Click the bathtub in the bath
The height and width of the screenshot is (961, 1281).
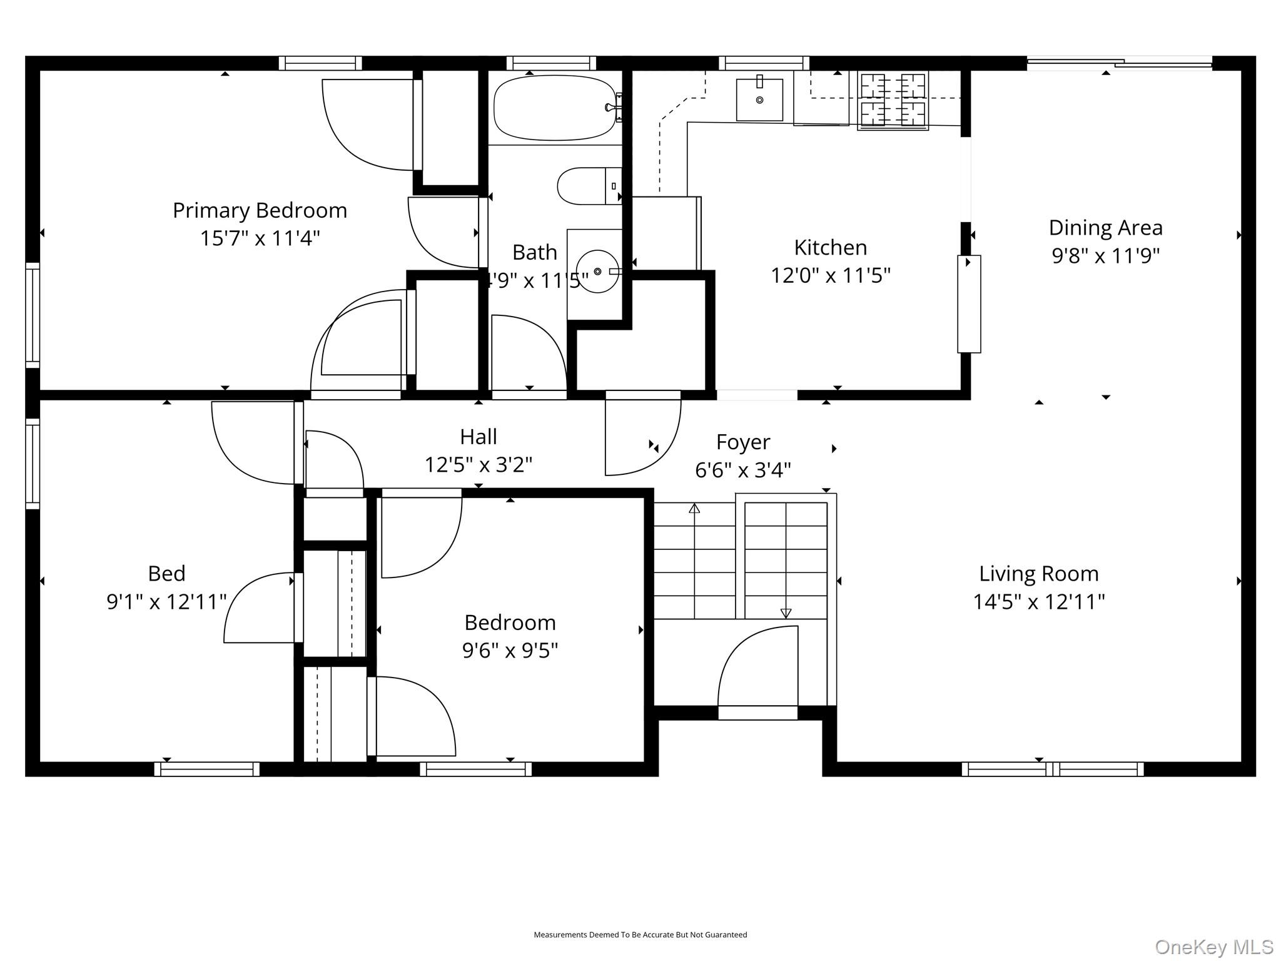pos(555,108)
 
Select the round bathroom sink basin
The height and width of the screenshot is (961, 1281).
pos(597,272)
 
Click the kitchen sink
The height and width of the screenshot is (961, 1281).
pos(759,99)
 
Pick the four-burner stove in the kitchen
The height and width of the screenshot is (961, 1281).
pos(893,100)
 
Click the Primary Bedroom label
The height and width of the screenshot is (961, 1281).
pos(260,210)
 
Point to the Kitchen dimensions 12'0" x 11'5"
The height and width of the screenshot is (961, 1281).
pos(831,275)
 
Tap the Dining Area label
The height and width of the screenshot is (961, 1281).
pos(1105,228)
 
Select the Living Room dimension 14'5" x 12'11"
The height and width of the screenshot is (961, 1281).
pos(1039,602)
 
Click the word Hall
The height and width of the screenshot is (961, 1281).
pos(478,437)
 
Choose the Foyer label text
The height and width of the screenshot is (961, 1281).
pos(743,442)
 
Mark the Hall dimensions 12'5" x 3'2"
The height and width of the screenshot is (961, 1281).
pos(478,465)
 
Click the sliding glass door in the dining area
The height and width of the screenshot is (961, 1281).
pos(1120,63)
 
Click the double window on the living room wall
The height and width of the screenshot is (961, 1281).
pos(1053,769)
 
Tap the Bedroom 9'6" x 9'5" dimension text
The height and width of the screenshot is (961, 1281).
pos(510,651)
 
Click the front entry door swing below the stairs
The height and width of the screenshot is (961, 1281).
pos(758,666)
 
